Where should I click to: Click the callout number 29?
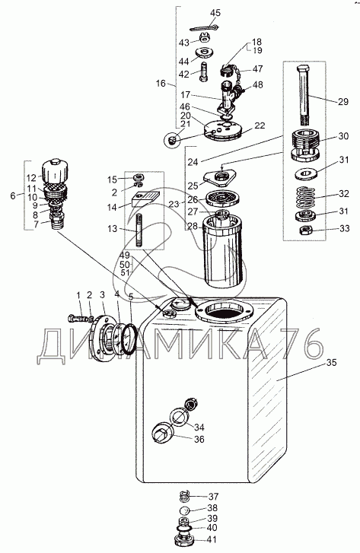click(x=343, y=102)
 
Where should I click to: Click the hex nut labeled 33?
click(x=304, y=231)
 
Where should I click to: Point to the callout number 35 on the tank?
click(x=331, y=362)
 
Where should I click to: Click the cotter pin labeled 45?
click(x=205, y=27)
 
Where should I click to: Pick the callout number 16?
click(x=161, y=84)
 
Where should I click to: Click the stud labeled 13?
click(x=139, y=230)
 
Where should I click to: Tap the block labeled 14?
click(x=146, y=199)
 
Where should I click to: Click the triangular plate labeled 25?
click(x=221, y=178)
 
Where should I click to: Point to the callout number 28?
click(x=193, y=226)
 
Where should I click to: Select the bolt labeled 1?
click(x=78, y=319)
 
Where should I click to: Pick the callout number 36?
click(x=199, y=440)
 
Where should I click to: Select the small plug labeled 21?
click(x=172, y=141)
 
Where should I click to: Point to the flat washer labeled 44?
click(x=204, y=52)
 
